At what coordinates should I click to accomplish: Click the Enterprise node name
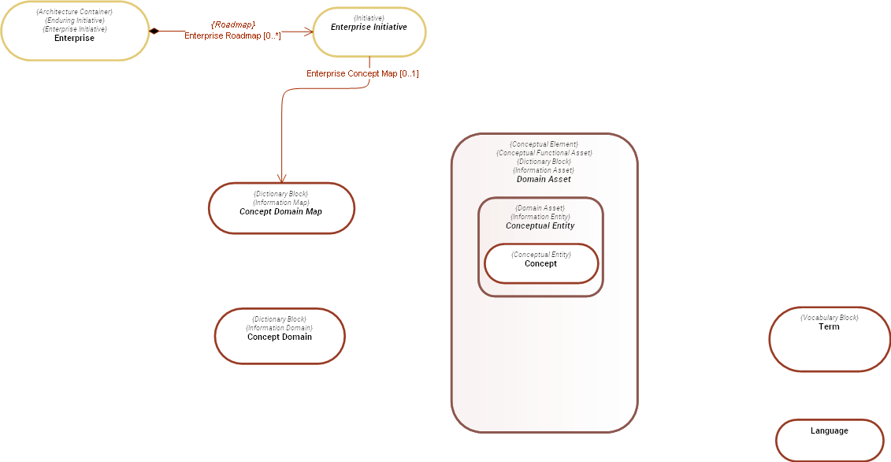(x=74, y=38)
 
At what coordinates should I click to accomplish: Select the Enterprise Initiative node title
(x=369, y=27)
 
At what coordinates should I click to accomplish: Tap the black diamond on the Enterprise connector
(x=154, y=31)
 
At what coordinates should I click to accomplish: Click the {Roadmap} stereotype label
(x=232, y=25)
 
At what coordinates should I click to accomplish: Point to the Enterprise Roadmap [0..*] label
(x=232, y=36)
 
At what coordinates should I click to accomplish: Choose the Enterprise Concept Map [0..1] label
(x=362, y=74)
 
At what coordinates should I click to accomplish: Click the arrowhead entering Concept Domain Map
(x=281, y=178)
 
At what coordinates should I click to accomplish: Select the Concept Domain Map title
(x=280, y=211)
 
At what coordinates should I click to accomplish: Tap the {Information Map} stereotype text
(x=280, y=203)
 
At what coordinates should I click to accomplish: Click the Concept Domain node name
(x=280, y=337)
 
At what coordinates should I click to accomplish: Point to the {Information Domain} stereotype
(x=280, y=328)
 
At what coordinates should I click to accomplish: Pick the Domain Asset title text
(x=544, y=179)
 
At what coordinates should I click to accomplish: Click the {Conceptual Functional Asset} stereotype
(x=544, y=153)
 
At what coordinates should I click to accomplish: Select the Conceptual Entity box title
(x=540, y=225)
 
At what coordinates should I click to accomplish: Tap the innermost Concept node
(x=540, y=263)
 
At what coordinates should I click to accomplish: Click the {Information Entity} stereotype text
(x=540, y=217)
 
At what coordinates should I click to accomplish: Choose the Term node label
(x=829, y=326)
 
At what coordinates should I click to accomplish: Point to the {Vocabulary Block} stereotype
(x=829, y=318)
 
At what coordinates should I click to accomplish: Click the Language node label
(x=829, y=430)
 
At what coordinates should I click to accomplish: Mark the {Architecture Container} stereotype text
(x=74, y=12)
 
